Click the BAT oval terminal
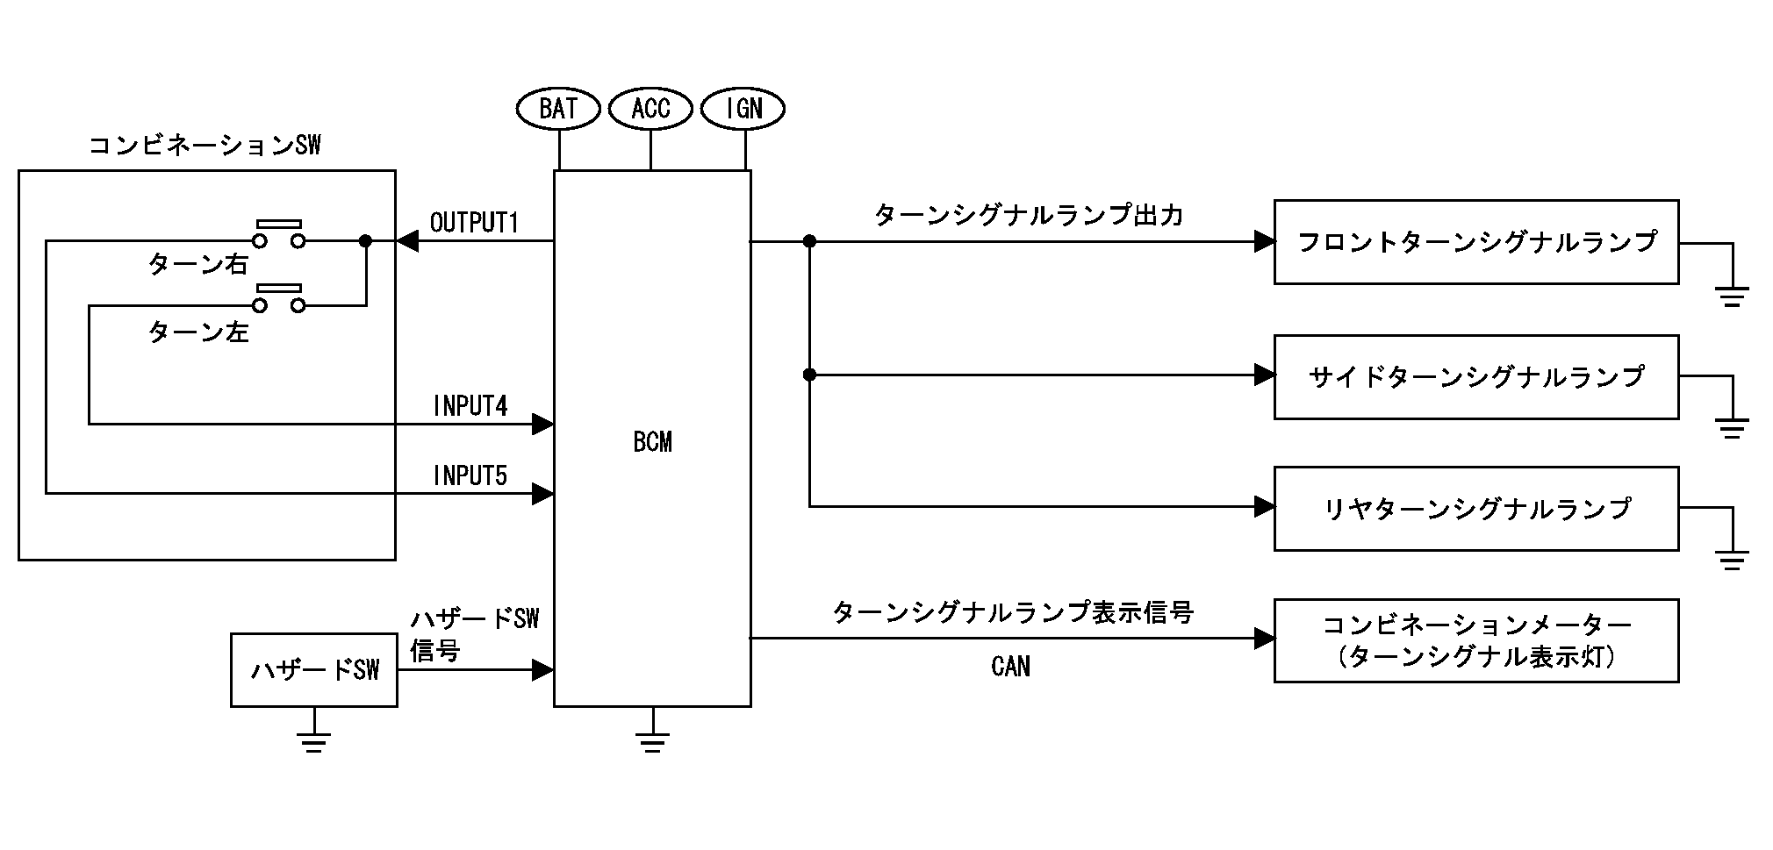click(558, 109)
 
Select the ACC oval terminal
click(651, 109)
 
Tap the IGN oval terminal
click(743, 109)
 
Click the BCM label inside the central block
click(652, 442)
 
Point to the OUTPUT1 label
click(474, 223)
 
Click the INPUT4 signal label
click(470, 406)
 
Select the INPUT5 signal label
click(470, 476)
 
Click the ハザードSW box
click(314, 670)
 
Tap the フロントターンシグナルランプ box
click(1476, 242)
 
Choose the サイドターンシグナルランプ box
click(1476, 376)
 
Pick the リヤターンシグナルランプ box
click(1476, 509)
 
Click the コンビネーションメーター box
click(1476, 640)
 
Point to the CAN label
click(1010, 667)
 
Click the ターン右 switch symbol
click(279, 235)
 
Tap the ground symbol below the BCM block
click(651, 740)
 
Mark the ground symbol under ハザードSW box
click(313, 740)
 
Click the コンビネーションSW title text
click(205, 146)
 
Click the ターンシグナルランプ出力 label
click(1029, 216)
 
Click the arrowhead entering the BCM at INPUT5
click(543, 494)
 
